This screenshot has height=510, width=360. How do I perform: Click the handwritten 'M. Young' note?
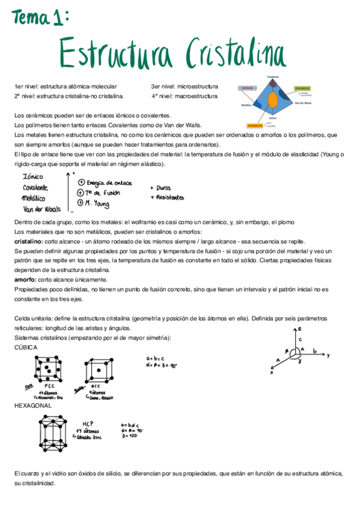tap(99, 203)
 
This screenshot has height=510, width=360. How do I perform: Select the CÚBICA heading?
tap(26, 347)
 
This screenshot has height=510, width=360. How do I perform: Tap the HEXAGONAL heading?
tap(32, 405)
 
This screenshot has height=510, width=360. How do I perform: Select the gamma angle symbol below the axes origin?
tap(293, 361)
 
